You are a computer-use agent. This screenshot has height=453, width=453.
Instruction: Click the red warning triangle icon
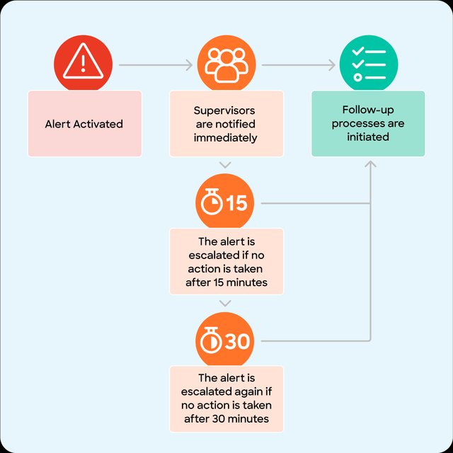pos(84,61)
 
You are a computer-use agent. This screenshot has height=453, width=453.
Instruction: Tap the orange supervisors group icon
pos(226,65)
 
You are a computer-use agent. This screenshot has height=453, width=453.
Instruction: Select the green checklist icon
pos(369,64)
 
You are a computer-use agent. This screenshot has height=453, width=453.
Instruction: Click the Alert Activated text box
pos(85,124)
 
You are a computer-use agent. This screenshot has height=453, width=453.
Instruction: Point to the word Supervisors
pos(224,110)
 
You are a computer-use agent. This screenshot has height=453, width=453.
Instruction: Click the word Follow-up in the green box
pos(368,110)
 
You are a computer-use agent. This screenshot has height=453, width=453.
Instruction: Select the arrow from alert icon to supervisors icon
pos(156,65)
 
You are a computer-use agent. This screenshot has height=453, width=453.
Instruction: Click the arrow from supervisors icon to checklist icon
pos(299,65)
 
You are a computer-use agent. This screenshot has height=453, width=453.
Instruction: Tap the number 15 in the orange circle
pos(236,203)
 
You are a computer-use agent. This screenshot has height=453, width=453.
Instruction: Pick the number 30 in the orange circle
pos(237,341)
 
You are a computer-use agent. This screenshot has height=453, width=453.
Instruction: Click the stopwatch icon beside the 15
pos(212,202)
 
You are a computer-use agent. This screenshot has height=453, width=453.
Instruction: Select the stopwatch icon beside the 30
pos(211,340)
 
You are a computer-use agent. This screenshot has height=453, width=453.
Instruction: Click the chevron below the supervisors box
pos(225,165)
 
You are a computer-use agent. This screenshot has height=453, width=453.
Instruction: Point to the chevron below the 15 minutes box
pos(225,303)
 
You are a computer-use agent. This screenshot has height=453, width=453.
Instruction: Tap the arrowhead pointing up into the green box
pos(370,164)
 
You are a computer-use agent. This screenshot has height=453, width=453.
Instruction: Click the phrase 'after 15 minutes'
pos(226,282)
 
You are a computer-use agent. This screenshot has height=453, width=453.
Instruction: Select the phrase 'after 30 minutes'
pos(226,418)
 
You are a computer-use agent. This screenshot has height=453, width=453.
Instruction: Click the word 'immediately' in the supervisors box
pos(225,138)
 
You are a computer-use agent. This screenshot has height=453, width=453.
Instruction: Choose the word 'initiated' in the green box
pos(368,137)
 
